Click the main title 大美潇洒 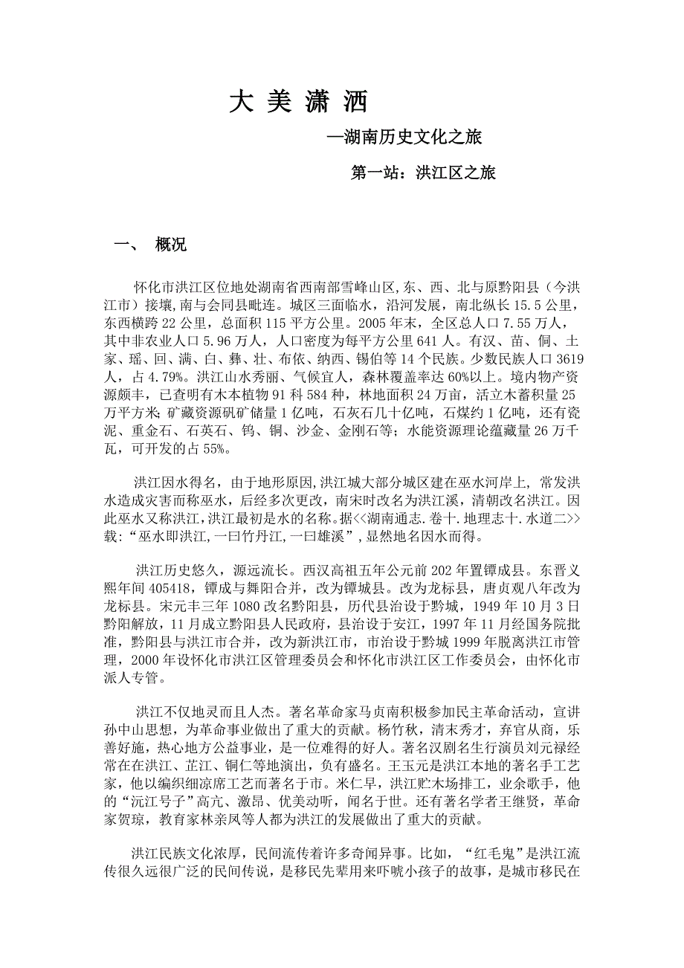click(298, 102)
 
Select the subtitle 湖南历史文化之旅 click(413, 138)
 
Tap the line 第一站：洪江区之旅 click(423, 173)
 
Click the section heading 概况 click(171, 245)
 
